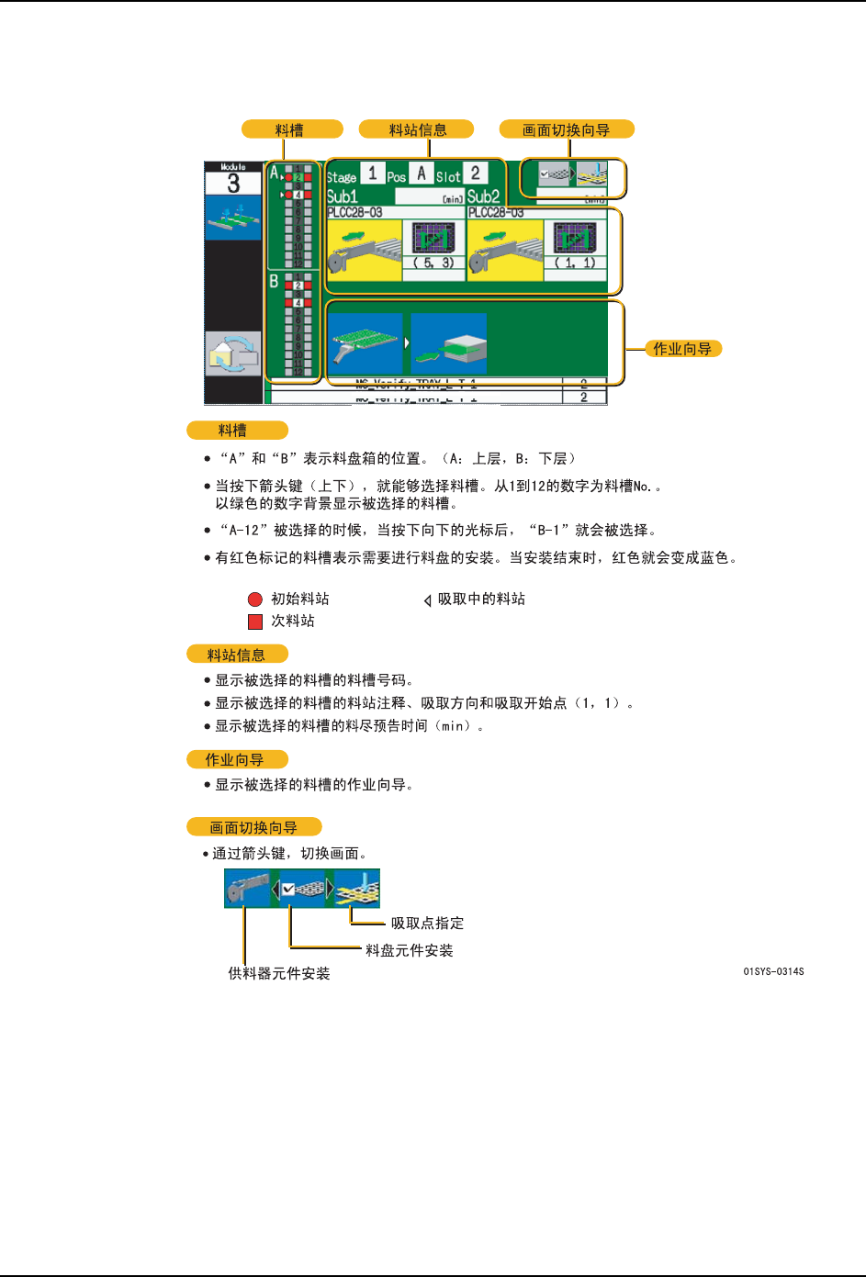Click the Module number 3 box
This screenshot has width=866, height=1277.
233,183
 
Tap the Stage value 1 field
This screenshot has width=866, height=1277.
372,173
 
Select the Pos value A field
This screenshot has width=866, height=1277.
422,173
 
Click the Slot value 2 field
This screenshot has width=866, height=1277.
475,173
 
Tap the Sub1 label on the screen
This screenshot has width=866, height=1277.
343,196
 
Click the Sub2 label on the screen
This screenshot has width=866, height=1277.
483,196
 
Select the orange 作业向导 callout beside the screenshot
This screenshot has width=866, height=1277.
682,349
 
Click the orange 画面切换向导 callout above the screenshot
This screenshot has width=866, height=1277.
567,129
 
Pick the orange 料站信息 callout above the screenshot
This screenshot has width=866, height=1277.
417,129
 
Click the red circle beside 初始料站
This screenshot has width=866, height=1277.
255,599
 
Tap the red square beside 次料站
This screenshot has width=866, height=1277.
255,622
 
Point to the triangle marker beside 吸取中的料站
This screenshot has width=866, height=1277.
427,600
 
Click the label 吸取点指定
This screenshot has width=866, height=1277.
427,924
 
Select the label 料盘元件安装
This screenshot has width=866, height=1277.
410,951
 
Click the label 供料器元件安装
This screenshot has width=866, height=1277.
279,974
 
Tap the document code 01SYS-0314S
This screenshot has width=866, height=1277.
773,971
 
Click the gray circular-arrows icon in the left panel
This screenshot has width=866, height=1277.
233,353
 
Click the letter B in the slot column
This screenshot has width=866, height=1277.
274,282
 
